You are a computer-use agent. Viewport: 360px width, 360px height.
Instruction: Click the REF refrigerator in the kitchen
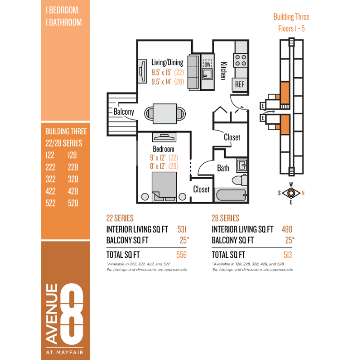[x=240, y=84]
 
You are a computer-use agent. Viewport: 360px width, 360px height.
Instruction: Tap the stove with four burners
[x=240, y=60]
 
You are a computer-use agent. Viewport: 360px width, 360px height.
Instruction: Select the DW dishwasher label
[x=207, y=64]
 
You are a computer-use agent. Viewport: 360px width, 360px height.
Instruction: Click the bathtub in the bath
[x=231, y=195]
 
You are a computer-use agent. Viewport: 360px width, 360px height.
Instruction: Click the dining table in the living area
[x=165, y=114]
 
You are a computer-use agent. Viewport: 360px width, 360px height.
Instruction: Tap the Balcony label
[x=123, y=112]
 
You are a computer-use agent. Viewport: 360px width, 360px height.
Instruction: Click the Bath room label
[x=223, y=168]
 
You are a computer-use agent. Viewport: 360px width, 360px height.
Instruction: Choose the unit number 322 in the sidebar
[x=50, y=179]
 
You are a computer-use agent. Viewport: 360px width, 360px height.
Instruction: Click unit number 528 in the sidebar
[x=73, y=203]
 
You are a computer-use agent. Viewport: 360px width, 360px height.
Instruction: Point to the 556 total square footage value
[x=181, y=254]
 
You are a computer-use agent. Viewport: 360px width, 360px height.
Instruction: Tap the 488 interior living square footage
[x=287, y=229]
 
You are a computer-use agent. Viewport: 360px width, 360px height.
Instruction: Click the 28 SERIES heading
[x=226, y=218]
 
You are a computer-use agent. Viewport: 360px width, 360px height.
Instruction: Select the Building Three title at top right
[x=291, y=17]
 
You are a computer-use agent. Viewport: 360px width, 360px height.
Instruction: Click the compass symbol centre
[x=291, y=193]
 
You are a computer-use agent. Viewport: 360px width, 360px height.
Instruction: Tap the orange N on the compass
[x=303, y=193]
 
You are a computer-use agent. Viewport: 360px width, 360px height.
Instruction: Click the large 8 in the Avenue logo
[x=72, y=314]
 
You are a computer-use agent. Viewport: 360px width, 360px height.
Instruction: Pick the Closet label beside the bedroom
[x=201, y=189]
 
